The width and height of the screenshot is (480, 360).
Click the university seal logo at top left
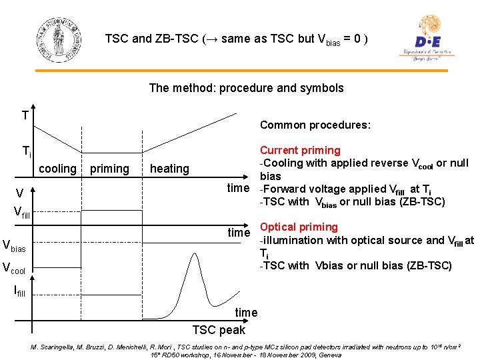[59, 38]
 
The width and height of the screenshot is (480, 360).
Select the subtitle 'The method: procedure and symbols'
[246, 88]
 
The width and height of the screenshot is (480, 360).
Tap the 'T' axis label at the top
[25, 116]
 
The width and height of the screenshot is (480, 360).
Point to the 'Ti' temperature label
[26, 152]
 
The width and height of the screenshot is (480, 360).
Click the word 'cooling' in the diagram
[57, 169]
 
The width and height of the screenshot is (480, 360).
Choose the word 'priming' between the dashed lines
[109, 169]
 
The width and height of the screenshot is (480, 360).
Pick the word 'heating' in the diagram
[169, 169]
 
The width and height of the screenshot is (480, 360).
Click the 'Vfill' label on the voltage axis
[23, 214]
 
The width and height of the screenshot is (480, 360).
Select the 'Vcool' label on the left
[14, 269]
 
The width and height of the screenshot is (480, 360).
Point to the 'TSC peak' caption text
[219, 330]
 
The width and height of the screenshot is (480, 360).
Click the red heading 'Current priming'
[300, 151]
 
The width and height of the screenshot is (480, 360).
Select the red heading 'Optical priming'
[299, 227]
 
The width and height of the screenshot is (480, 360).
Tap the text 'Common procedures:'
[315, 125]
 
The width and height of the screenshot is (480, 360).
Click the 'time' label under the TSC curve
[246, 312]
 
